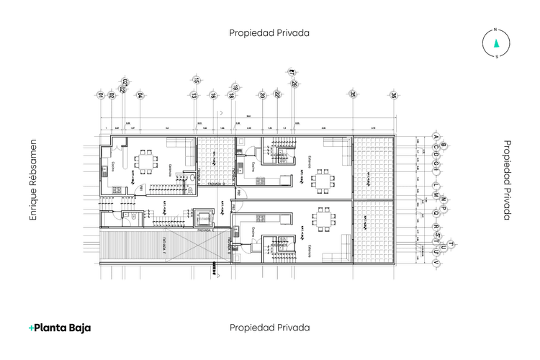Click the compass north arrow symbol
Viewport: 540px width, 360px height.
495,40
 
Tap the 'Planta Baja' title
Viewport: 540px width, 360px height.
60,328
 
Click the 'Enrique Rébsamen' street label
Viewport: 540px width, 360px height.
32,181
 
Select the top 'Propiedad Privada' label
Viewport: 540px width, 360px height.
269,32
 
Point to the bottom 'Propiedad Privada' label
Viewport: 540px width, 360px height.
269,328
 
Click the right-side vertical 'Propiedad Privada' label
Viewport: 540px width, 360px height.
507,180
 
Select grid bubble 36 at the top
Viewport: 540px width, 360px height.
394,94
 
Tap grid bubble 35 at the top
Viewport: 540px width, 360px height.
353,94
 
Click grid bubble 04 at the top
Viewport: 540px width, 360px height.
140,94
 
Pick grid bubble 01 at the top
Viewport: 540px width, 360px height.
100,94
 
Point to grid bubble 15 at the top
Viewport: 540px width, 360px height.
195,81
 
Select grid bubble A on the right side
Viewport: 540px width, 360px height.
436,136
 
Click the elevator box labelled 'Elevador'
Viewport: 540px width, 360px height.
202,215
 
